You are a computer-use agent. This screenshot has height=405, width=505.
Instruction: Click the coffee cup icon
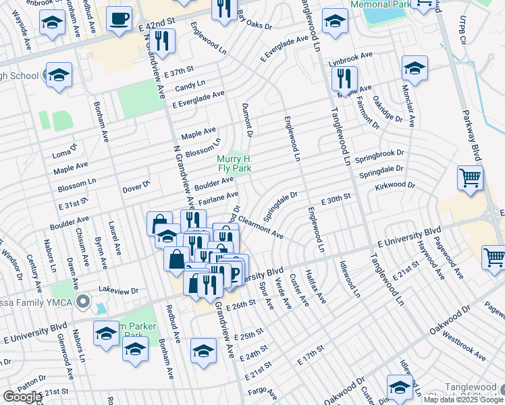(119, 18)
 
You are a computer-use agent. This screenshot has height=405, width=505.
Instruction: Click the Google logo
(22, 397)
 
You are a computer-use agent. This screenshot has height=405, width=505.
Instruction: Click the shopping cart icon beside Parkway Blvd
(470, 178)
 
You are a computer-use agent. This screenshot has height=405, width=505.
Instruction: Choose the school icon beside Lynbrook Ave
(414, 68)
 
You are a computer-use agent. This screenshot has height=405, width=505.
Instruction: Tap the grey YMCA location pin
(83, 300)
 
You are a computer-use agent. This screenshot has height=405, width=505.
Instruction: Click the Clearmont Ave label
(261, 230)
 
